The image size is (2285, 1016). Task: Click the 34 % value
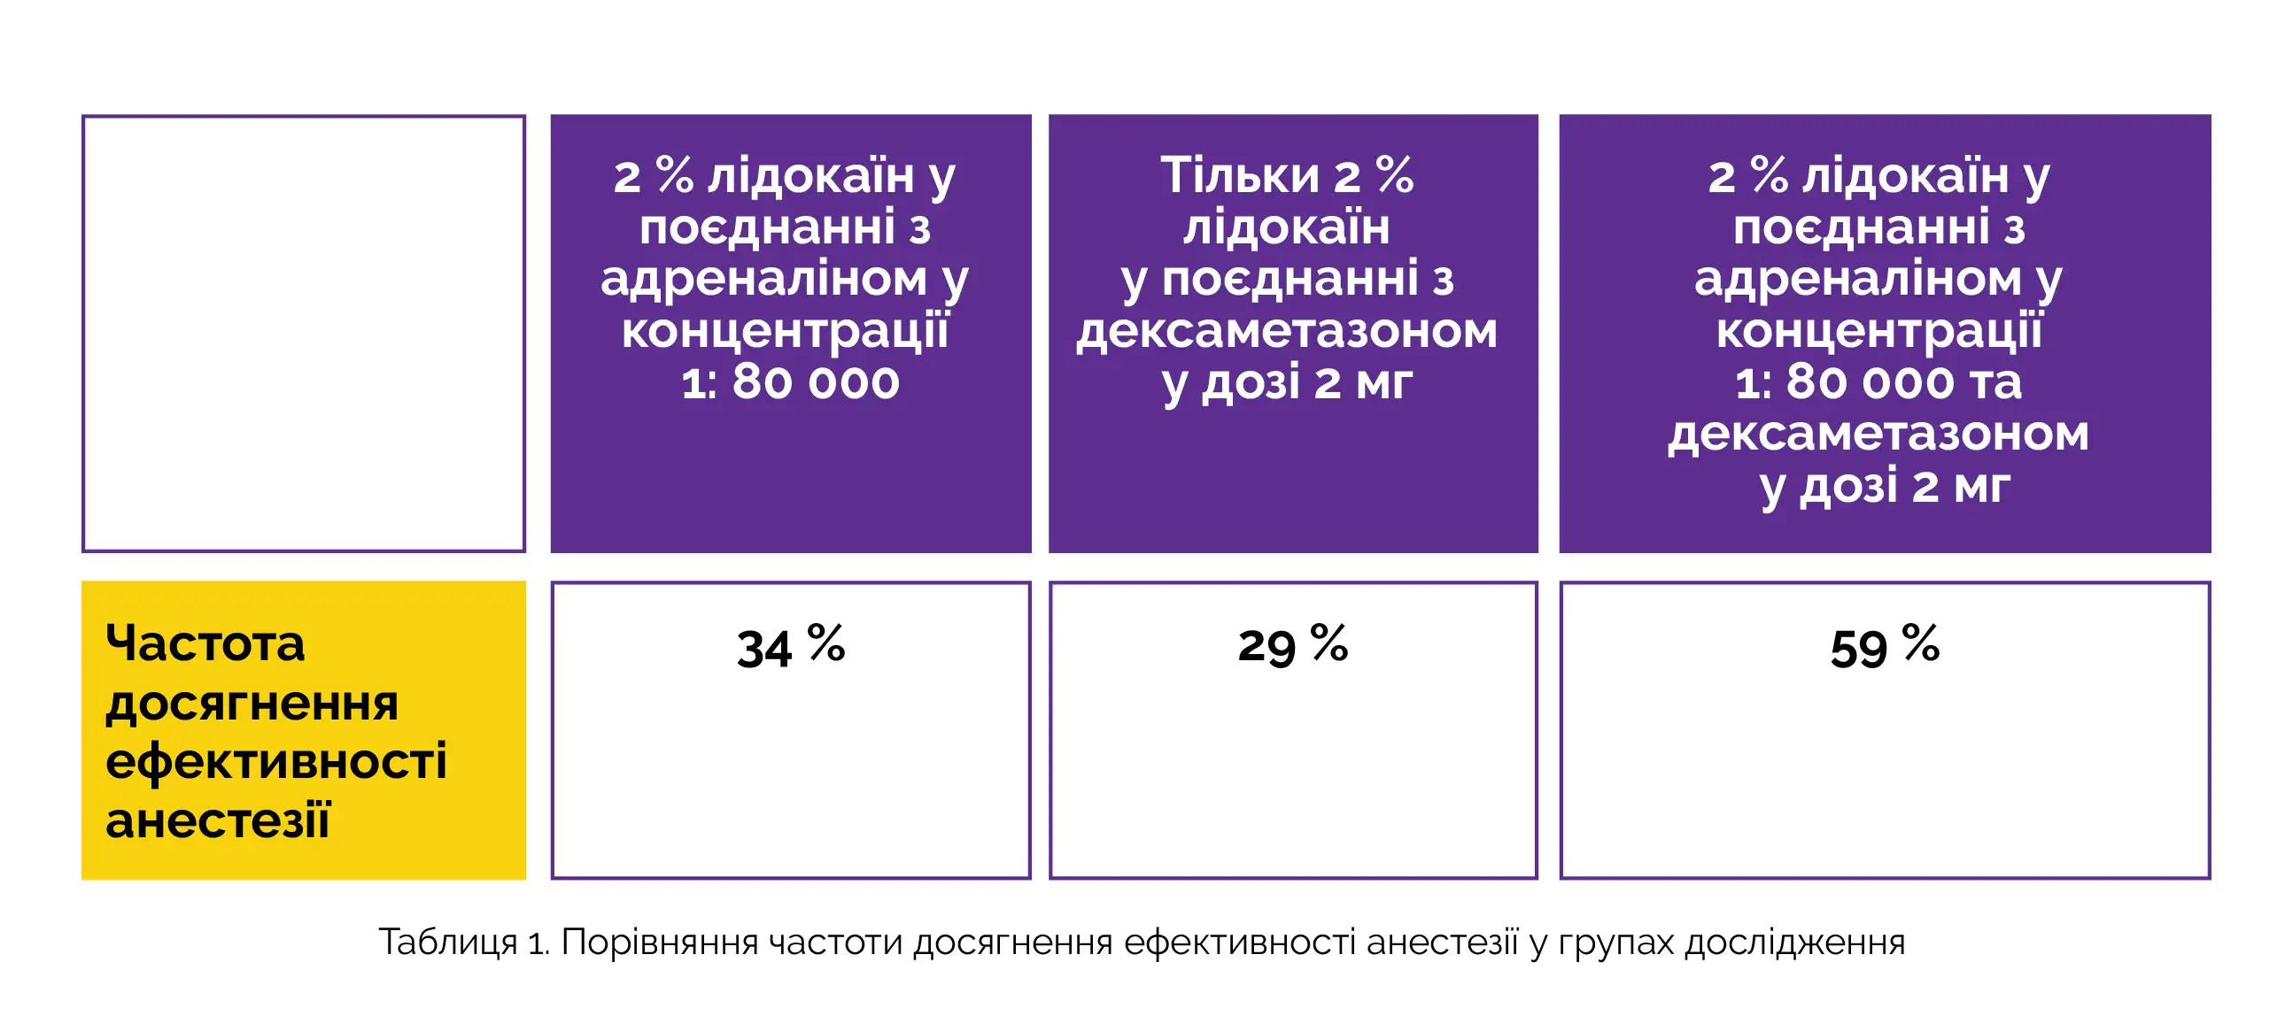pyautogui.click(x=790, y=646)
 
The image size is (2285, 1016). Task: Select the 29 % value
pyautogui.click(x=1292, y=646)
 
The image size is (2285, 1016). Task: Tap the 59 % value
pyautogui.click(x=1884, y=646)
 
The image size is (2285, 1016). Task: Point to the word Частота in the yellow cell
pyautogui.click(x=205, y=643)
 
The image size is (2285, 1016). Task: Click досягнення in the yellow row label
pyautogui.click(x=252, y=703)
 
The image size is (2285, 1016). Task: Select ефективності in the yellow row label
pyautogui.click(x=275, y=761)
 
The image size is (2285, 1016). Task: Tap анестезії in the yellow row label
pyautogui.click(x=217, y=820)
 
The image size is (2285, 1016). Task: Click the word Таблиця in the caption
pyautogui.click(x=447, y=943)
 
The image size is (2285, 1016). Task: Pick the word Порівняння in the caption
pyautogui.click(x=659, y=943)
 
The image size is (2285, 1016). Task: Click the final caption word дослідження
pyautogui.click(x=1794, y=943)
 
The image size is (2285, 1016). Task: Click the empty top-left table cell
pyautogui.click(x=304, y=334)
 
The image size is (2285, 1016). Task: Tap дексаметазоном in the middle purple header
pyautogui.click(x=1286, y=332)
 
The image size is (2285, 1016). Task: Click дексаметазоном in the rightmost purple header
pyautogui.click(x=1878, y=435)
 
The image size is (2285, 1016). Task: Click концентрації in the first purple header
pyautogui.click(x=785, y=332)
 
